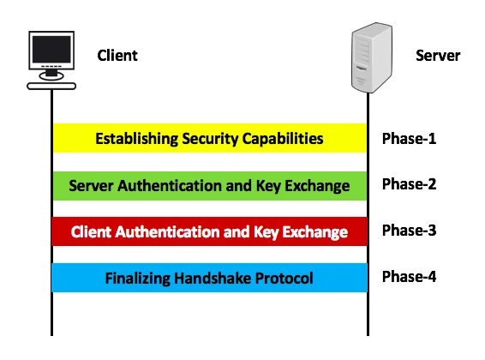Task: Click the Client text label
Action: (x=117, y=56)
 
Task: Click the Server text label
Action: (x=438, y=56)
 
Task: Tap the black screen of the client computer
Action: (x=51, y=50)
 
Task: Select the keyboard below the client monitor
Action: (x=51, y=87)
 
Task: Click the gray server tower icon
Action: (x=372, y=57)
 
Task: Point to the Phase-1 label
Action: (x=409, y=139)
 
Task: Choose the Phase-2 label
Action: (x=409, y=184)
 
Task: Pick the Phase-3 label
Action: (x=409, y=230)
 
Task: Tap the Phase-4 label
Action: (x=409, y=276)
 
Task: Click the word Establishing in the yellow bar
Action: (x=137, y=139)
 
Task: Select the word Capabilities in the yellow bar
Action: (x=283, y=139)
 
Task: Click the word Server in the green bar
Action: (x=91, y=186)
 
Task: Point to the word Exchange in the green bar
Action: (x=317, y=186)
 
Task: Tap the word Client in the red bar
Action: (x=91, y=232)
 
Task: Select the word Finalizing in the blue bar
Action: (x=138, y=279)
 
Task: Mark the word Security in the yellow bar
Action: (x=210, y=139)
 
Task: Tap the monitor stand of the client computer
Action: (x=51, y=75)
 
